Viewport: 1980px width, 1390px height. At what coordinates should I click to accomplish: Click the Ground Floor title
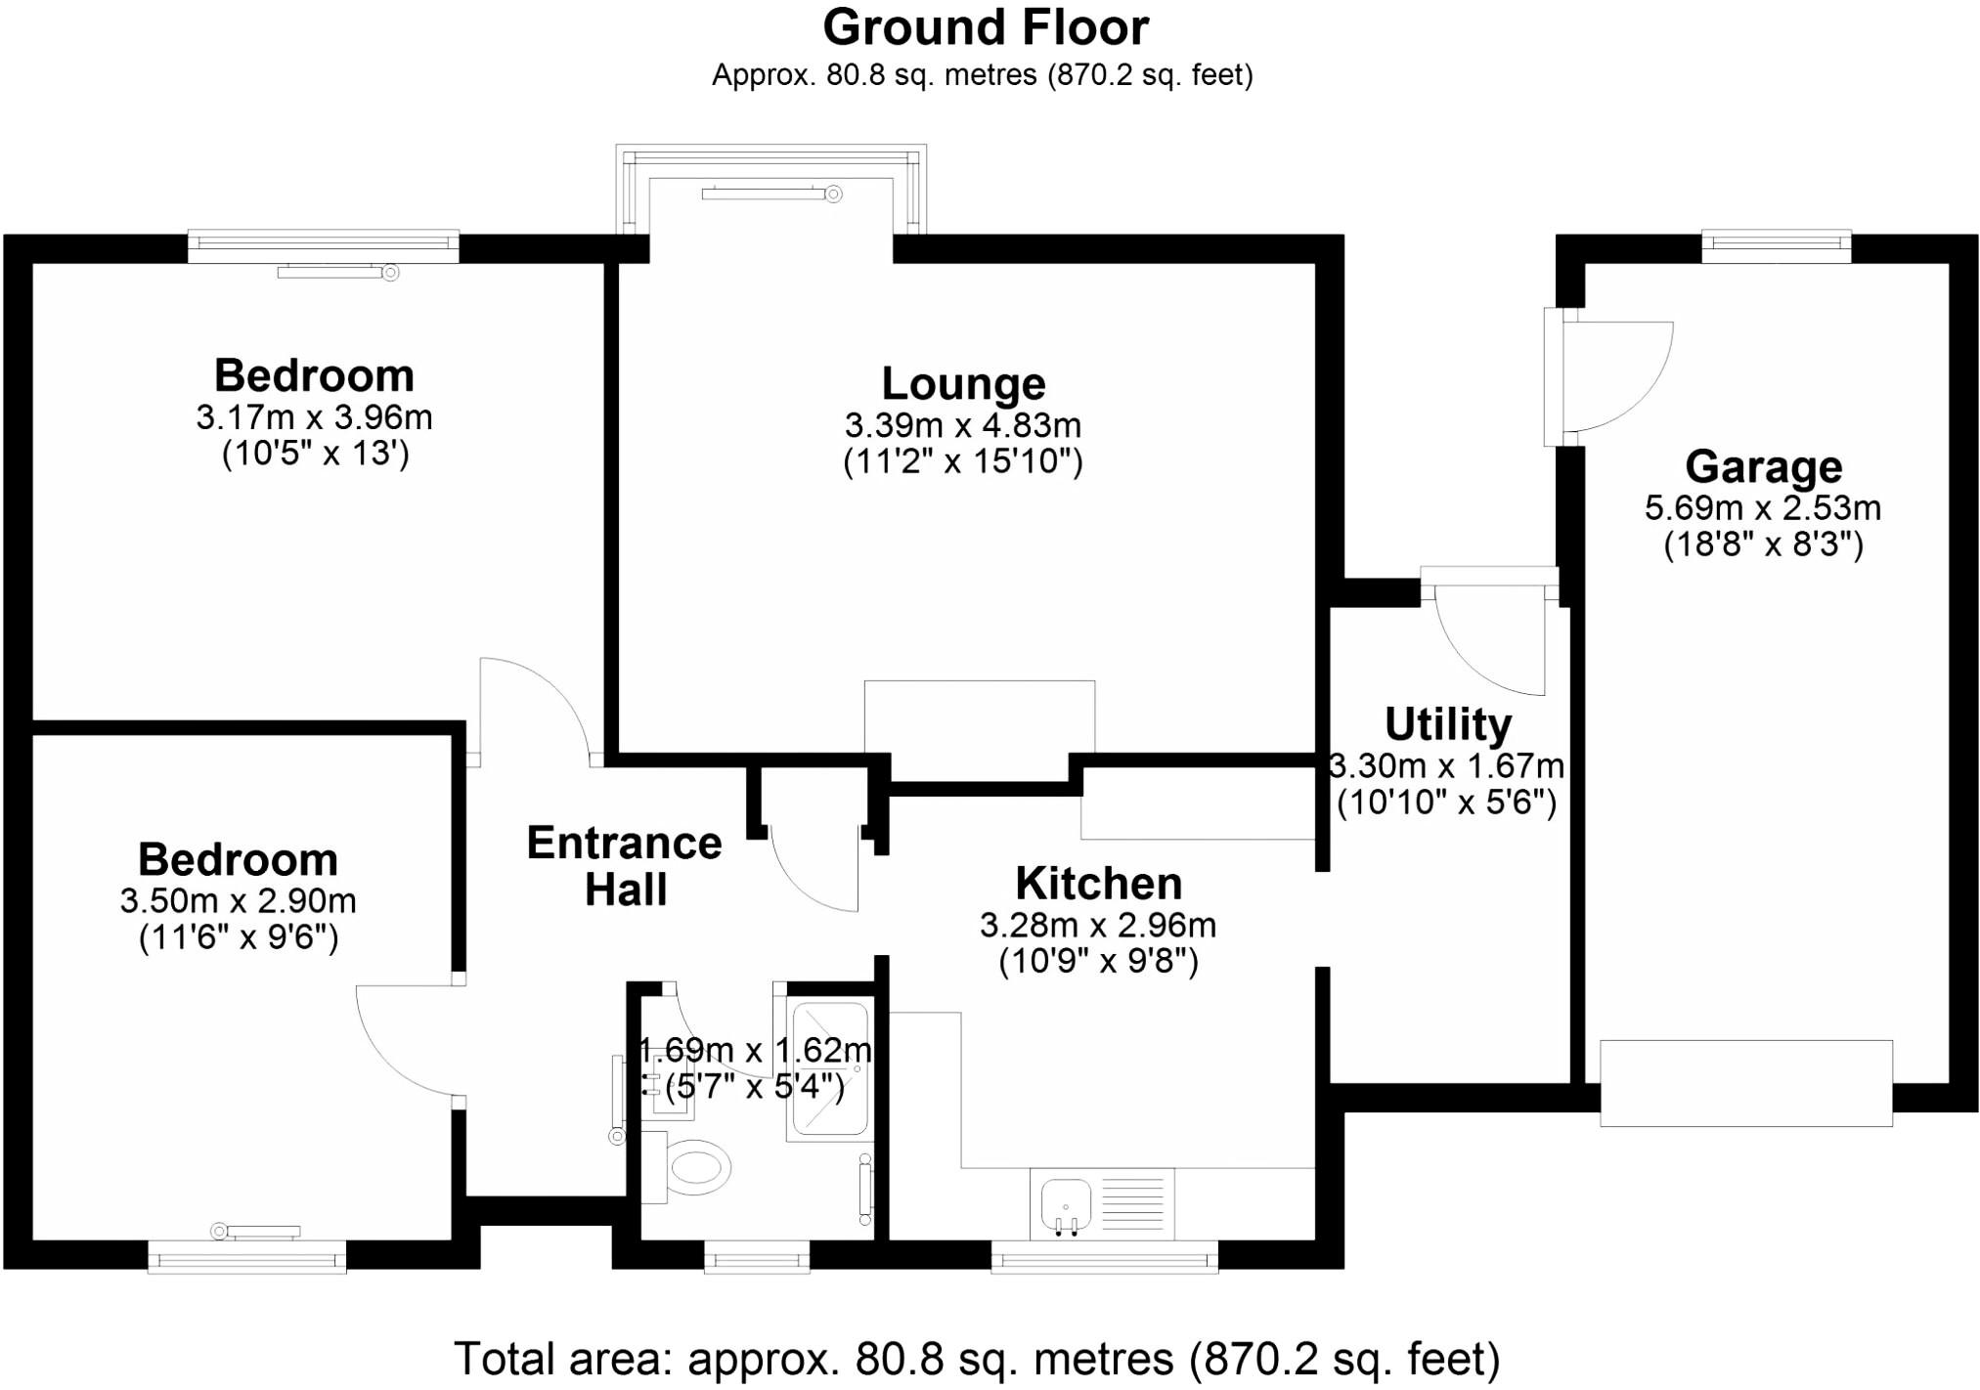pyautogui.click(x=986, y=27)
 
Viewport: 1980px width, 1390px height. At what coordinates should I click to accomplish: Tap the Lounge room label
pyautogui.click(x=963, y=383)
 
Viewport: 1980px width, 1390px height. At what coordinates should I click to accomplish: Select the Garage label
pyautogui.click(x=1763, y=466)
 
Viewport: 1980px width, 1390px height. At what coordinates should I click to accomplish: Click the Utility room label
pyautogui.click(x=1448, y=724)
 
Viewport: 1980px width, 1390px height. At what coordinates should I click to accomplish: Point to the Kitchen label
pyautogui.click(x=1098, y=884)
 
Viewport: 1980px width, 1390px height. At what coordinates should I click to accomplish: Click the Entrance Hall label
pyautogui.click(x=625, y=866)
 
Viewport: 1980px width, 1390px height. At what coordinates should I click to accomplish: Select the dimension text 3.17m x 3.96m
pyautogui.click(x=314, y=417)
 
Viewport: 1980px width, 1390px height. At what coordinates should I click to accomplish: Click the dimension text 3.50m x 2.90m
pyautogui.click(x=238, y=900)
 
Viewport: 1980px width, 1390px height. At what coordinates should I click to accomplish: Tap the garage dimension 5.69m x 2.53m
pyautogui.click(x=1762, y=508)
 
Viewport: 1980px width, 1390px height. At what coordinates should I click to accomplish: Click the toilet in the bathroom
pyautogui.click(x=696, y=1167)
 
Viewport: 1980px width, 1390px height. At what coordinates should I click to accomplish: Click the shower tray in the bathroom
pyautogui.click(x=828, y=1069)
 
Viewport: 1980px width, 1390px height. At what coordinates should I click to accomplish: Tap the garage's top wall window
pyautogui.click(x=1776, y=245)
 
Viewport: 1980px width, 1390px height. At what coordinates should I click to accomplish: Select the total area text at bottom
pyautogui.click(x=976, y=1359)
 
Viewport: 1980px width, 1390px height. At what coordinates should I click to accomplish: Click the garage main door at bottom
pyautogui.click(x=1745, y=1083)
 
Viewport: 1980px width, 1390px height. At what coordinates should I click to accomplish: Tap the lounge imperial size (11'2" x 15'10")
pyautogui.click(x=963, y=461)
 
